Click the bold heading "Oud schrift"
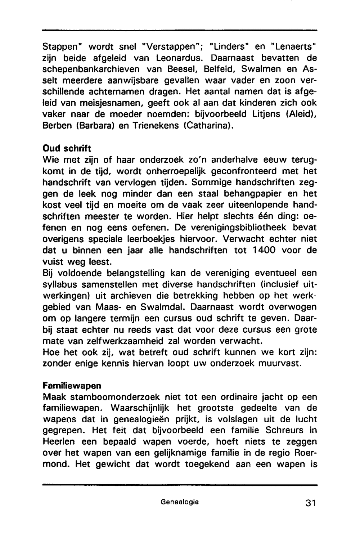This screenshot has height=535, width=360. (67, 148)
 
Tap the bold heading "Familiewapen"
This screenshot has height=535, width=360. (72, 386)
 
